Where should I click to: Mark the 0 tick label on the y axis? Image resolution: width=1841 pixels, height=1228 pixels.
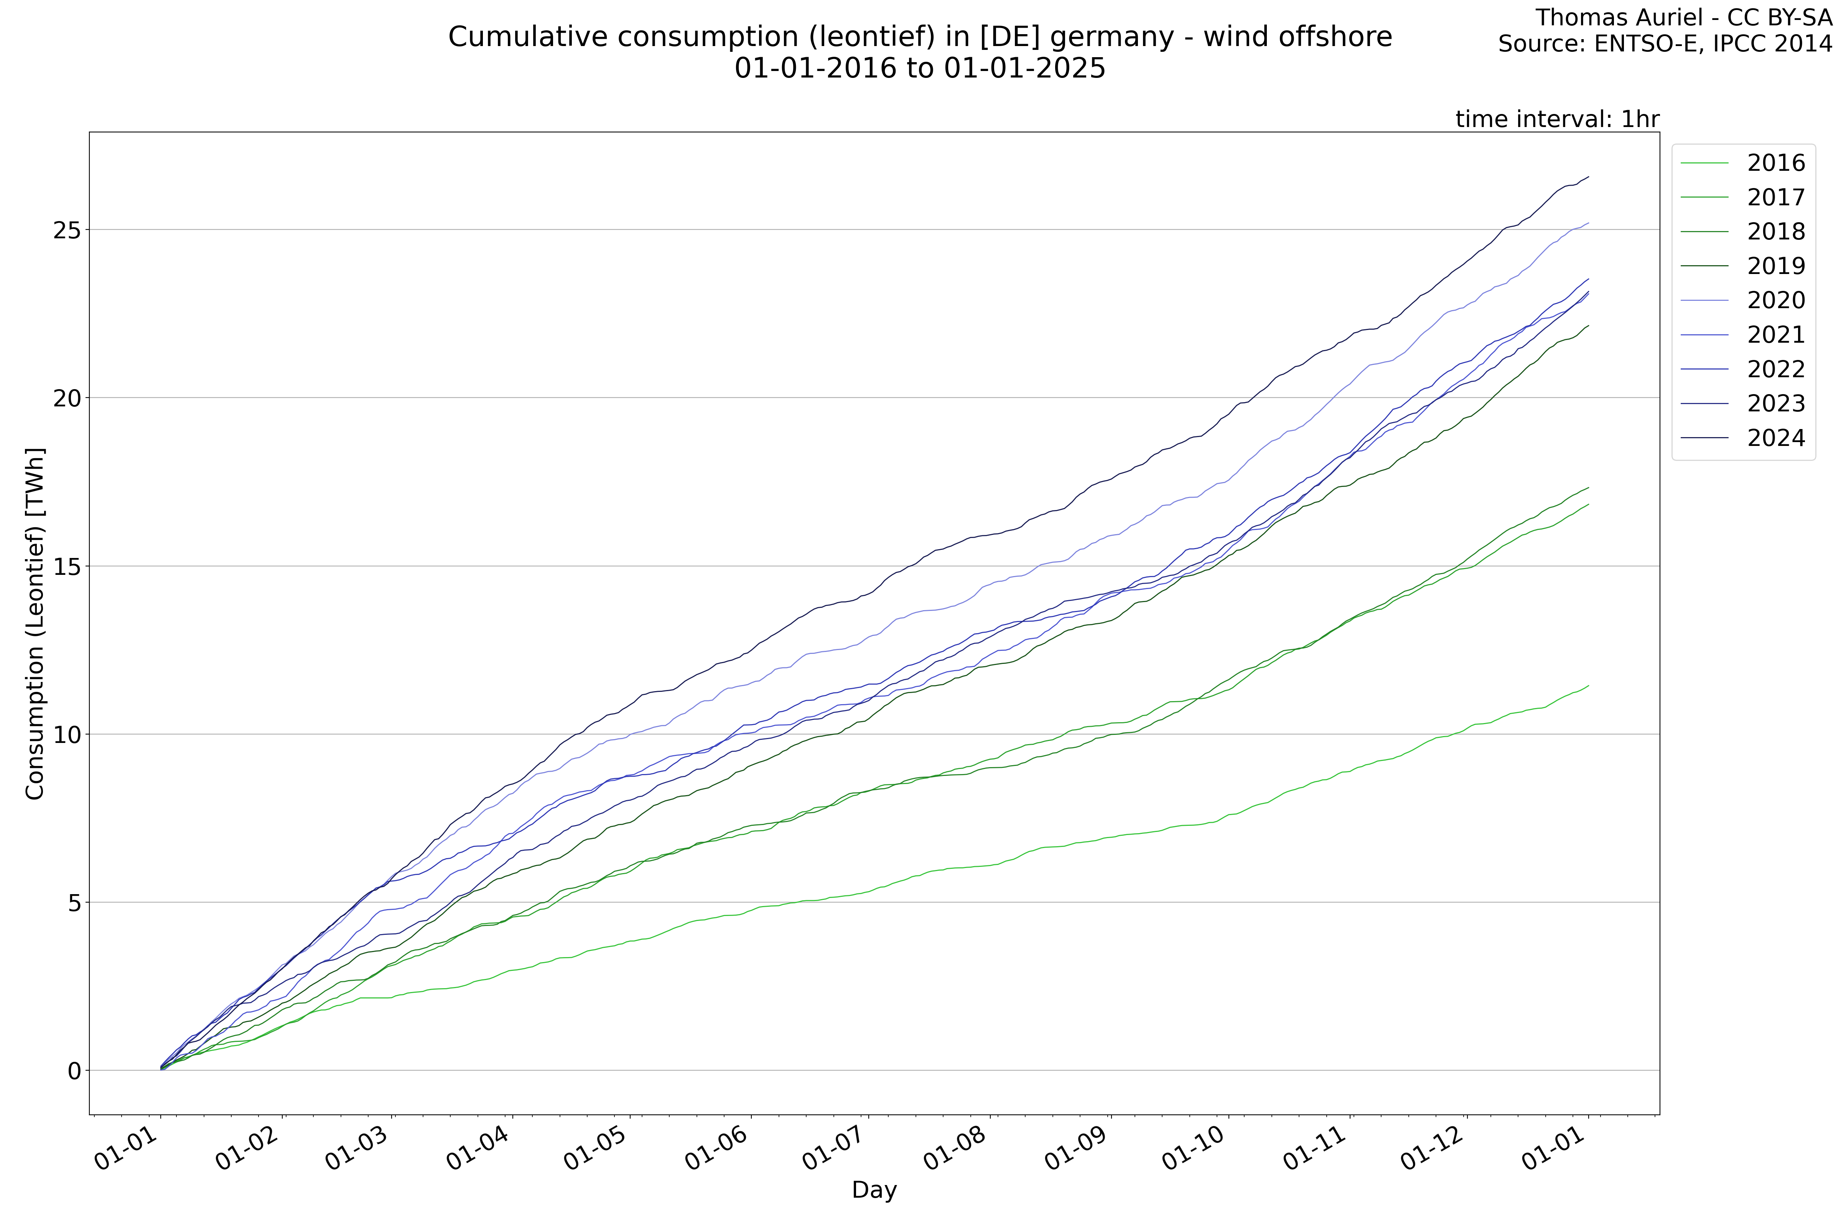point(74,1071)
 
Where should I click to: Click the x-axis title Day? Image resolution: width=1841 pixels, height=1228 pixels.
point(874,1190)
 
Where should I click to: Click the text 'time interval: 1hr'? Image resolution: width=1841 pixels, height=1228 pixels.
point(1557,119)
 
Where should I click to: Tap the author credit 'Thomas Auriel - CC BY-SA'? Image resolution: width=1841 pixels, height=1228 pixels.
point(1683,17)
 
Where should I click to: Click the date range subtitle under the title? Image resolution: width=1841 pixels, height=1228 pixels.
point(920,69)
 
